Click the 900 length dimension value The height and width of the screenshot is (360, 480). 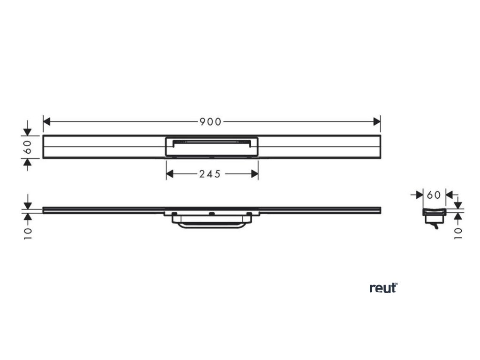pyautogui.click(x=210, y=122)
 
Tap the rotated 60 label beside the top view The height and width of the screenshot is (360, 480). pyautogui.click(x=28, y=147)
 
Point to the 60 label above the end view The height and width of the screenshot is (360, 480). pyautogui.click(x=434, y=194)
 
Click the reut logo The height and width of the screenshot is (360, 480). pyautogui.click(x=383, y=288)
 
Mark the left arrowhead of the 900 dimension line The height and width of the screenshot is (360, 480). pyautogui.click(x=46, y=122)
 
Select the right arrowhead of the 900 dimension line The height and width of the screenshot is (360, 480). pyautogui.click(x=377, y=122)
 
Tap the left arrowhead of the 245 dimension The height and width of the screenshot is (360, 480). pyautogui.click(x=170, y=174)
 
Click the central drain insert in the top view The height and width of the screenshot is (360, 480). pyautogui.click(x=212, y=146)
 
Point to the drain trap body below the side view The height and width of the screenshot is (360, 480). pyautogui.click(x=211, y=223)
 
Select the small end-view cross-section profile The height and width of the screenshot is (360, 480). pyautogui.click(x=434, y=215)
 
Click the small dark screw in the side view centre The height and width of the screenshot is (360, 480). pyautogui.click(x=212, y=214)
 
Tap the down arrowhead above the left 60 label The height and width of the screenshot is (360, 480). pyautogui.click(x=28, y=131)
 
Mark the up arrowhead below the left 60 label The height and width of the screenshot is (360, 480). pyautogui.click(x=28, y=162)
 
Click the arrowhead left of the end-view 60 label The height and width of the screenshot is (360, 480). pyautogui.click(x=420, y=194)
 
